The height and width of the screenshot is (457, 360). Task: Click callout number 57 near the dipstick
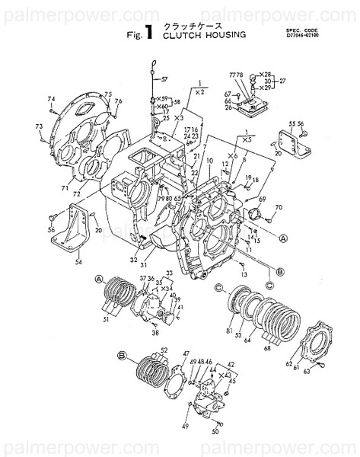(x=161, y=79)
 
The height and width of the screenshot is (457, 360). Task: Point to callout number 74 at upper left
(x=52, y=100)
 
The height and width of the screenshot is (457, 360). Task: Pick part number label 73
(x=38, y=125)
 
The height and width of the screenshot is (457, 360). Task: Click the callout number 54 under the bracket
(x=77, y=263)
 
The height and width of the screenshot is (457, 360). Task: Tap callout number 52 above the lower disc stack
(x=164, y=350)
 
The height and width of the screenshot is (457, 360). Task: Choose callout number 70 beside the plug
(x=279, y=207)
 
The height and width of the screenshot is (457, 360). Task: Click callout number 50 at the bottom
(x=216, y=432)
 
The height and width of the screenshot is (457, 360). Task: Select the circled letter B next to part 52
(x=123, y=354)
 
